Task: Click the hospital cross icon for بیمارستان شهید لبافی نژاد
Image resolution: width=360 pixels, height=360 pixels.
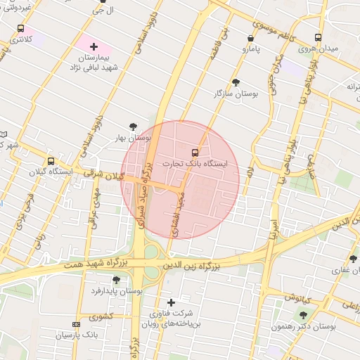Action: (x=94, y=46)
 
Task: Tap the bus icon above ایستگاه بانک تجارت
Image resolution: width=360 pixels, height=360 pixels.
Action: (x=195, y=151)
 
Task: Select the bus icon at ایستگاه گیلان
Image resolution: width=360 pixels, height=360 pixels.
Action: (x=51, y=161)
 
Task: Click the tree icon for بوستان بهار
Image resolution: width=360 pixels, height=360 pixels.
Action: (x=134, y=127)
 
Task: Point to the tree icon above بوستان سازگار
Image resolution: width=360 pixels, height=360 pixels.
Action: (x=235, y=82)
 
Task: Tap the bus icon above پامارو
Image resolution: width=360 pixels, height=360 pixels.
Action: (x=251, y=39)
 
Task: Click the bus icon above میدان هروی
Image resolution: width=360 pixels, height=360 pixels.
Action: (x=318, y=38)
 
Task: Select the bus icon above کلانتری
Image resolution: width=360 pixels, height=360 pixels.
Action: (x=20, y=30)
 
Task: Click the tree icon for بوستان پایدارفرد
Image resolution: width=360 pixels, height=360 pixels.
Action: (x=116, y=280)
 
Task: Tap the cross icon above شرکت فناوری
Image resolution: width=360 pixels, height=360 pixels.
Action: (x=170, y=302)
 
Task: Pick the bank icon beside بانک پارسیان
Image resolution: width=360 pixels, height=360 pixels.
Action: (x=76, y=324)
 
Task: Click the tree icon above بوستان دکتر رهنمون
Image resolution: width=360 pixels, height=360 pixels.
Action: (x=303, y=315)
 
